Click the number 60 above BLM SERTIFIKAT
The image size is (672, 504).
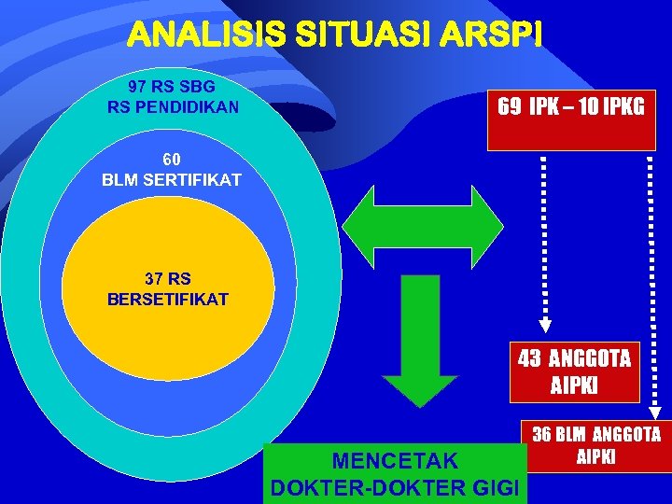[x=171, y=159]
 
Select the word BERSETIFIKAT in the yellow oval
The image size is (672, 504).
[x=168, y=300]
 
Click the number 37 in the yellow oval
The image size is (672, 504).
[x=156, y=278]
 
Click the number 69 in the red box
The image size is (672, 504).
[x=510, y=106]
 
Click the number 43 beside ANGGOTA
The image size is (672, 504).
[x=529, y=357]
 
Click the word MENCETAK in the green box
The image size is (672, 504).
[x=396, y=460]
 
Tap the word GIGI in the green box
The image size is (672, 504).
[x=498, y=486]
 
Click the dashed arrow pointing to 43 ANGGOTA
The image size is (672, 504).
[x=544, y=243]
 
